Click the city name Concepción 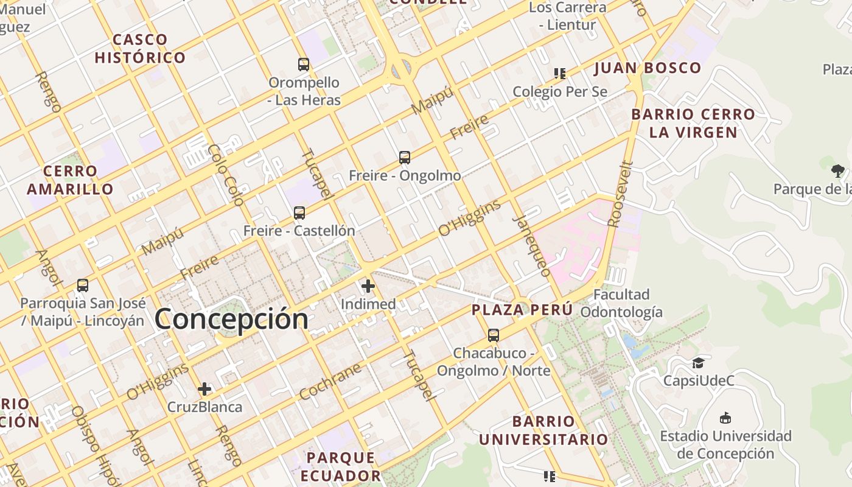coord(231,319)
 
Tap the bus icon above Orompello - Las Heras coord(303,64)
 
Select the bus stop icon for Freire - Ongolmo coord(405,158)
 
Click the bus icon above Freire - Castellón coord(299,213)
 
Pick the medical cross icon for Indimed coord(368,286)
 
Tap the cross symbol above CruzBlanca coord(204,388)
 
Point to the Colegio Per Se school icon coord(560,74)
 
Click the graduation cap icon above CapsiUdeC coord(697,363)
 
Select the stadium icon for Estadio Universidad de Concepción coord(725,418)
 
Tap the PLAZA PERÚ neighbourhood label coord(522,309)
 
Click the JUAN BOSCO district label coord(648,68)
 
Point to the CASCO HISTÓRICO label coord(140,49)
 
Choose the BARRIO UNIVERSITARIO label coord(543,430)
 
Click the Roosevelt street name coord(621,194)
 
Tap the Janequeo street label coord(532,246)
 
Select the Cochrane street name coord(330,382)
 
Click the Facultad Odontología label coord(621,303)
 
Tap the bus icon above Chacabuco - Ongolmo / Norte coord(493,335)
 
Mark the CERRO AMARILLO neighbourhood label coord(70,180)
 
